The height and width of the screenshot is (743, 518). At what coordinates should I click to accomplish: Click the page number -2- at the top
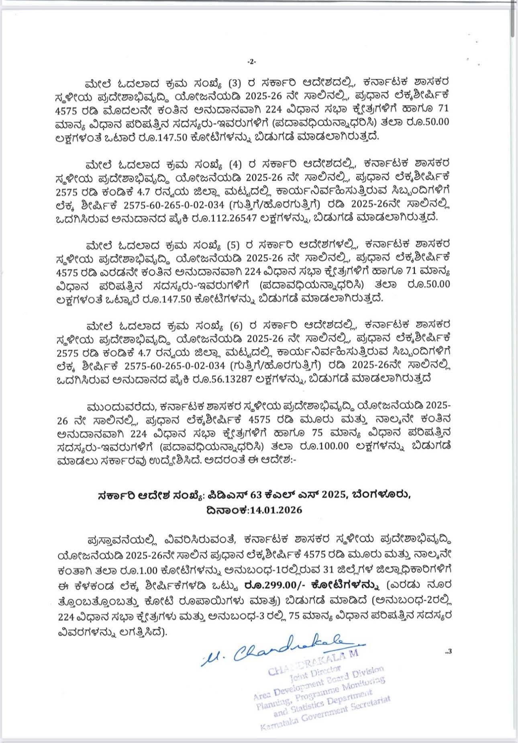251,62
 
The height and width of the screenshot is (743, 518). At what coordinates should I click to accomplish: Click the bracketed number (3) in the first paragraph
234,84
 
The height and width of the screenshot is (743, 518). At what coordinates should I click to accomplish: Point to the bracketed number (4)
234,164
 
